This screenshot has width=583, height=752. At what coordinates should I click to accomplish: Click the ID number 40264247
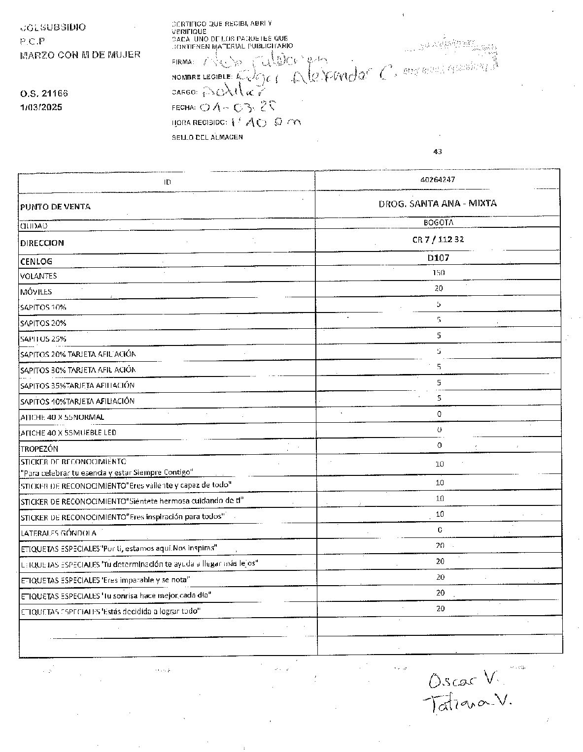coord(438,180)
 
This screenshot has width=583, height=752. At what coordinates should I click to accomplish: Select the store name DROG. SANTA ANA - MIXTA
coord(438,203)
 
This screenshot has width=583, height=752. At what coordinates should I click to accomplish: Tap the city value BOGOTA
coord(438,222)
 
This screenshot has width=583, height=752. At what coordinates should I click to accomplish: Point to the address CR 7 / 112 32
coord(438,240)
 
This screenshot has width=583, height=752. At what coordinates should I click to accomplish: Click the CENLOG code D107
coord(438,257)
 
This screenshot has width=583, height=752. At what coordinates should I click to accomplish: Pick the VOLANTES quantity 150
coord(438,273)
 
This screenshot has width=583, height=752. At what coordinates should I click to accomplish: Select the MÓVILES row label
coord(36,292)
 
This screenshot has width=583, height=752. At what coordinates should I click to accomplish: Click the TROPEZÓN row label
coord(39,449)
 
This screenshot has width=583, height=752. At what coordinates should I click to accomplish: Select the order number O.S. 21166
coord(44,94)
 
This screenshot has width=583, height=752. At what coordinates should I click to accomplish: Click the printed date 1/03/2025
coord(41,107)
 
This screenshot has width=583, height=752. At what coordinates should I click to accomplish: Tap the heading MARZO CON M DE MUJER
coord(80,55)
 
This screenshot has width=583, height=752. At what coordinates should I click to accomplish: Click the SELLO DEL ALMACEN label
coord(207,137)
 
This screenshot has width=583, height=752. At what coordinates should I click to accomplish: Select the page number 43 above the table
coord(437,152)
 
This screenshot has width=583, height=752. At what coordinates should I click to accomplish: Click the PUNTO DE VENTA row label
coord(55,207)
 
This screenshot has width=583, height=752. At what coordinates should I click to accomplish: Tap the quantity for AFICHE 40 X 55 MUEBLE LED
coord(439,430)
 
